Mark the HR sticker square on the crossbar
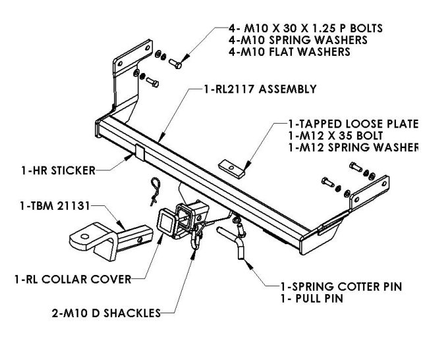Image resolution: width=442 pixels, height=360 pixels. (140, 151)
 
